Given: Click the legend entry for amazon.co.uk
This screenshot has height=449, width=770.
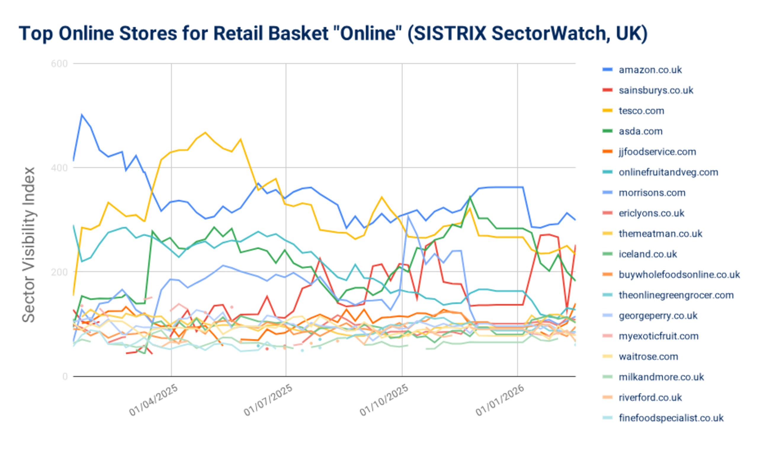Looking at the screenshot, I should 650,70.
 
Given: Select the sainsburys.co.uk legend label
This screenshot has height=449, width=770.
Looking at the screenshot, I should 656,90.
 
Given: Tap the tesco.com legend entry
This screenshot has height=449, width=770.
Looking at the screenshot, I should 641,111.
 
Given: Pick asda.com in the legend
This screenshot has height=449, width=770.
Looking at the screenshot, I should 641,131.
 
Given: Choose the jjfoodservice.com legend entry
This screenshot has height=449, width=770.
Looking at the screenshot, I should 657,152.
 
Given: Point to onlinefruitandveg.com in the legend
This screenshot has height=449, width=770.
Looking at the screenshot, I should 668,172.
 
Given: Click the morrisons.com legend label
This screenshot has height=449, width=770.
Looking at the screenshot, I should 652,193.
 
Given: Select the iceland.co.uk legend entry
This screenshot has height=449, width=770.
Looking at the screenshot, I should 648,254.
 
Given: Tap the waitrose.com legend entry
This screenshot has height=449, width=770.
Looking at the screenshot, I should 648,356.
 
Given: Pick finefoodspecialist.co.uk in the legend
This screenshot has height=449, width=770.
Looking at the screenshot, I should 671,418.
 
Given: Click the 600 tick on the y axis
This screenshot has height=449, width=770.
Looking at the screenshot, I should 59,64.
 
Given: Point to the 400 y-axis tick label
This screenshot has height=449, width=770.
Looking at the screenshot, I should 59,168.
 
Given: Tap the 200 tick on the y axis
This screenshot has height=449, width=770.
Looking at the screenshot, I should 59,272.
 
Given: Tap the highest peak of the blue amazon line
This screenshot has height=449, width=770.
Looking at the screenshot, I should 81,115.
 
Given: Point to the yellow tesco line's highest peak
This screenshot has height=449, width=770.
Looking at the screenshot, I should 205,133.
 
